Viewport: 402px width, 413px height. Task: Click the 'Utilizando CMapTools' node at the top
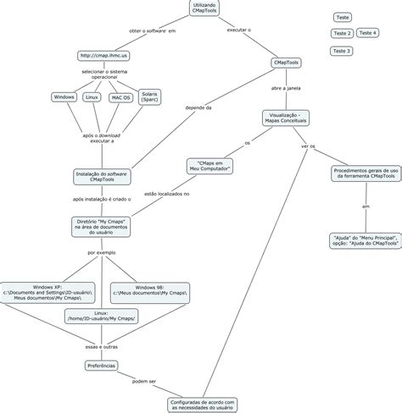(x=204, y=8)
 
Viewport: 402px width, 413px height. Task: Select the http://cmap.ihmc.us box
(x=104, y=56)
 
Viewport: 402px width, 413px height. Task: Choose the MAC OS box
(x=120, y=98)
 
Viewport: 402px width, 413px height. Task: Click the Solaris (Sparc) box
(x=150, y=98)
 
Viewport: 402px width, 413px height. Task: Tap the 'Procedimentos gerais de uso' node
(x=364, y=173)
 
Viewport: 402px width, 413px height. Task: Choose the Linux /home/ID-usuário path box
(x=101, y=317)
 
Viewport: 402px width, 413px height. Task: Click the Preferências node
(x=102, y=365)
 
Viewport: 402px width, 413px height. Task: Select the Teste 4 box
(x=367, y=33)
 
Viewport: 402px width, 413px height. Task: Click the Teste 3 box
(x=342, y=51)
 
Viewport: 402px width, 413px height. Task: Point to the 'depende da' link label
(x=198, y=107)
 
